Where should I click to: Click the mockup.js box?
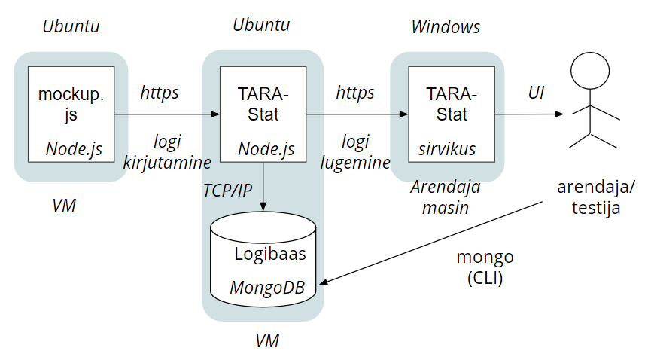click(71, 113)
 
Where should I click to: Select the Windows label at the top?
click(446, 27)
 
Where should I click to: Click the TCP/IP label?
click(227, 190)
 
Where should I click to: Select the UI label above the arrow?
click(536, 93)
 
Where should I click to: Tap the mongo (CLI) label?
click(485, 267)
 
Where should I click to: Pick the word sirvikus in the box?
click(447, 149)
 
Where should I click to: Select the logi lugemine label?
click(355, 151)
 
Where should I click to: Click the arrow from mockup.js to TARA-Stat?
click(166, 114)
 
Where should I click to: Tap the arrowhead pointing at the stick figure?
click(559, 114)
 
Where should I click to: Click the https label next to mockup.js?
click(160, 93)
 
